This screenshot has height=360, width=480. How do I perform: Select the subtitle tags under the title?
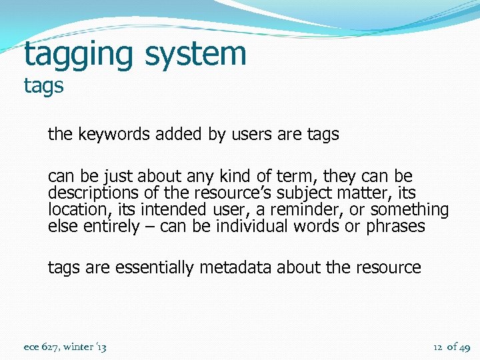coord(43,87)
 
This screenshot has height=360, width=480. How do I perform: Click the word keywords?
coord(114,134)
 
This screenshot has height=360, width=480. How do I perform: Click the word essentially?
coord(154,268)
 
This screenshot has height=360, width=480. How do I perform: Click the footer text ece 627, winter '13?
coord(65,347)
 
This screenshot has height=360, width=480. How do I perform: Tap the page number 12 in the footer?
coord(438,347)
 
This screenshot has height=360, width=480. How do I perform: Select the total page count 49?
coord(465,347)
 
